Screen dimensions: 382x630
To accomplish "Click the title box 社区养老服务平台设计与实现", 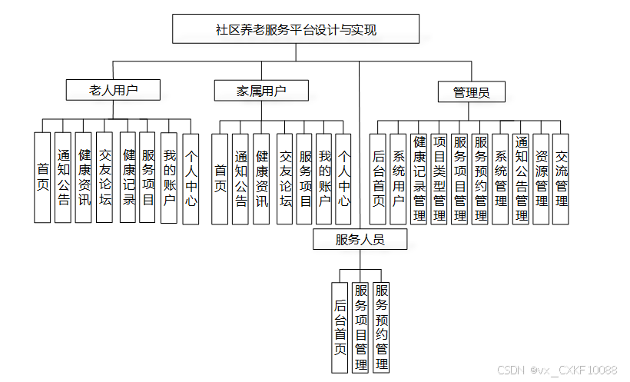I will click(x=296, y=30).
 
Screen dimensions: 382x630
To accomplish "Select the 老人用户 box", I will click(x=114, y=90).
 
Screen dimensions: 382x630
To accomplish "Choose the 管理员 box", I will click(x=471, y=92).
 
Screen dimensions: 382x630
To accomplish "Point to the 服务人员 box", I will click(x=360, y=239).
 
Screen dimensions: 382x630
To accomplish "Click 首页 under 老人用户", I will click(x=42, y=178).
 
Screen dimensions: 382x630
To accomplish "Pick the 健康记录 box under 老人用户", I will click(x=128, y=178).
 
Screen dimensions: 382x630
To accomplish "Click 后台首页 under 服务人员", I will click(x=340, y=327).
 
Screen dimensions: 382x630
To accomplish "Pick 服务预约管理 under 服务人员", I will click(x=381, y=327).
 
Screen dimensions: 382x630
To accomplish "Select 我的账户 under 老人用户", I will click(x=169, y=178).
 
